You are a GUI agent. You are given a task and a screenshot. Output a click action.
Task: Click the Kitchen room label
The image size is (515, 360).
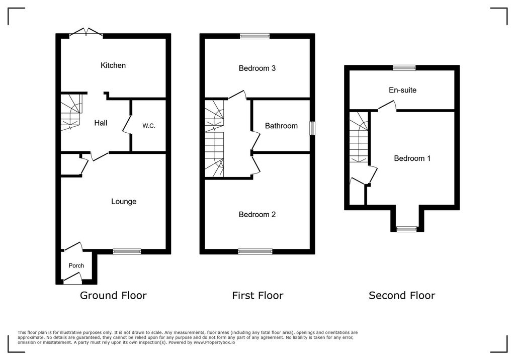pyautogui.click(x=113, y=65)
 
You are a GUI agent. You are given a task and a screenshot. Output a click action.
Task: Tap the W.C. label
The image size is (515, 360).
pyautogui.click(x=148, y=126)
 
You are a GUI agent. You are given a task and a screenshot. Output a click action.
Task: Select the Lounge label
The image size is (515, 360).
pyautogui.click(x=124, y=202)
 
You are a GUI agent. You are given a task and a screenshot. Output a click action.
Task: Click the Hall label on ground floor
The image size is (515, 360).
pyautogui.click(x=101, y=123)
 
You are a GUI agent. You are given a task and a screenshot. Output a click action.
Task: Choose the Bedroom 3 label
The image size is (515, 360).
pyautogui.click(x=257, y=68)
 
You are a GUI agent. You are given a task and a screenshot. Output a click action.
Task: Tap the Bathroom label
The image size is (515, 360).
pyautogui.click(x=281, y=126)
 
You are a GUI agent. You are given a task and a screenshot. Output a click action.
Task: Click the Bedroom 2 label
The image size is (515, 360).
pyautogui.click(x=257, y=215)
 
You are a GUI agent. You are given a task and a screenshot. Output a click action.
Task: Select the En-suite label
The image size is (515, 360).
pyautogui.click(x=402, y=91)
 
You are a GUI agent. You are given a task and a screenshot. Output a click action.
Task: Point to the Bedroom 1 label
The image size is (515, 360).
pyautogui.click(x=412, y=158)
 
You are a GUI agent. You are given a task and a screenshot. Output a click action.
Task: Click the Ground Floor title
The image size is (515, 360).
pyautogui.click(x=113, y=296)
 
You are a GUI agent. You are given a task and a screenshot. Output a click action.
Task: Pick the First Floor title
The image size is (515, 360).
pyautogui.click(x=257, y=296)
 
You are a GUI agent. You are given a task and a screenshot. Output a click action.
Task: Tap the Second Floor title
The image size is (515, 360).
pyautogui.click(x=402, y=296)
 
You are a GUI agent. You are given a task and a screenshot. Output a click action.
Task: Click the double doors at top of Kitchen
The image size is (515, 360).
pyautogui.click(x=85, y=34)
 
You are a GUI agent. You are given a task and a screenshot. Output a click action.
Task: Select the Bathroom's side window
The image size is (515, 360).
pyautogui.click(x=312, y=128)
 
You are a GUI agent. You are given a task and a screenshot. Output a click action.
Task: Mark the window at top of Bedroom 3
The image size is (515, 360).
pyautogui.click(x=254, y=36)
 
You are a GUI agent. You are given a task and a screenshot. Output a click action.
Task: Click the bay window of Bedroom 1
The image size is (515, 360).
pyautogui.click(x=406, y=229)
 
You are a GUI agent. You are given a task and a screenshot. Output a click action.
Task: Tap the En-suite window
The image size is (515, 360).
pyautogui.click(x=404, y=67)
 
